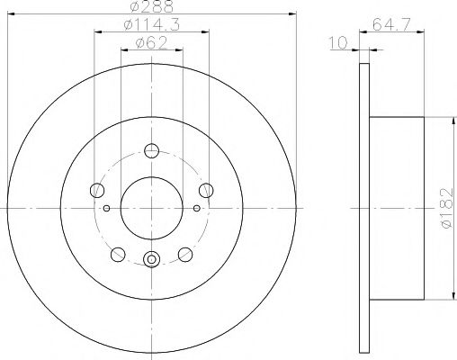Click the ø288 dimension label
click(x=152, y=6)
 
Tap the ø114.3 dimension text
click(x=152, y=24)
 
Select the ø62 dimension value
click(x=151, y=43)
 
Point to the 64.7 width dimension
click(x=391, y=24)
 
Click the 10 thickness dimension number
click(x=338, y=42)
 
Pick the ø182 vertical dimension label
click(x=447, y=208)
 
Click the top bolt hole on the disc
click(x=151, y=150)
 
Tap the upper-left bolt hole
click(x=97, y=190)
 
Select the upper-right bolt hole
click(x=206, y=190)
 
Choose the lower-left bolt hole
click(x=118, y=255)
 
